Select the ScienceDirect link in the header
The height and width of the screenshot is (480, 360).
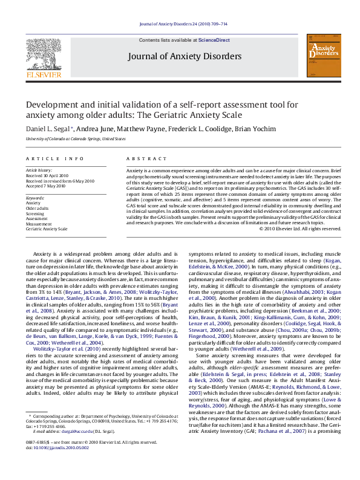pos(215,40)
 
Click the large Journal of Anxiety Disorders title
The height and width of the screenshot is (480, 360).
pos(185,57)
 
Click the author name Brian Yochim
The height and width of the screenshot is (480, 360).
pos(258,129)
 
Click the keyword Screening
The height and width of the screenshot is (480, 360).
pos(35,213)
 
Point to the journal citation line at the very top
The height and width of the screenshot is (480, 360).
pos(183,24)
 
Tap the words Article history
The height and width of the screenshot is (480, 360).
pos(39,171)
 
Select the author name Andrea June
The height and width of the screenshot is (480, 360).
pos(97,129)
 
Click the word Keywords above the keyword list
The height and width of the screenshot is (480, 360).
pos(35,198)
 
